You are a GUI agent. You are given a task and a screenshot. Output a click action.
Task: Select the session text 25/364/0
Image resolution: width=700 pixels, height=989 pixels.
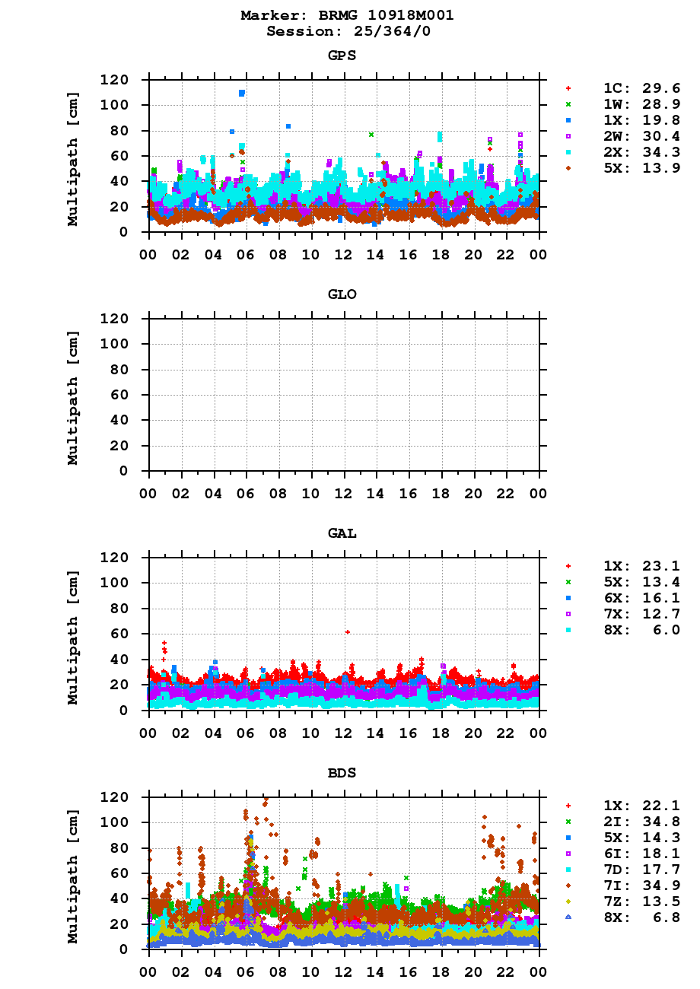tap(378, 31)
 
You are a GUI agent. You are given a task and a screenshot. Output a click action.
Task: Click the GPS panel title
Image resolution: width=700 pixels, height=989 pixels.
tap(342, 56)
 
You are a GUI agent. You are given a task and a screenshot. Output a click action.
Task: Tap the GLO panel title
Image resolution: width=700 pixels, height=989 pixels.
tap(342, 294)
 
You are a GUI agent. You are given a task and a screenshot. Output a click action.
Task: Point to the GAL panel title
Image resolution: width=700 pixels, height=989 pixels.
tap(342, 533)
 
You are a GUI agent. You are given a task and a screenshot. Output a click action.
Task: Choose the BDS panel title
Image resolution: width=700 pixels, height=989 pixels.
tap(342, 773)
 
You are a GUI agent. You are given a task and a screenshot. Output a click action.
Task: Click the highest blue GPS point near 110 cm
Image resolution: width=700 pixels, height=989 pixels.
tap(242, 93)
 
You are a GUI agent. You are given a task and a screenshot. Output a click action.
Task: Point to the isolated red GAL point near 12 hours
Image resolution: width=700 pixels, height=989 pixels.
tap(347, 632)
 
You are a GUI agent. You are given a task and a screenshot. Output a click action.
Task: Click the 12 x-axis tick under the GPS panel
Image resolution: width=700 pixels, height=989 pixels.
tap(344, 254)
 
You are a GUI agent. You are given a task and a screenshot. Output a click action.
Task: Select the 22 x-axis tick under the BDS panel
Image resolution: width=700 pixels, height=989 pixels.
tap(507, 972)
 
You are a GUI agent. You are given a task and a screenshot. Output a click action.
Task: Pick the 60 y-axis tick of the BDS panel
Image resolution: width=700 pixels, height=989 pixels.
tap(119, 873)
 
